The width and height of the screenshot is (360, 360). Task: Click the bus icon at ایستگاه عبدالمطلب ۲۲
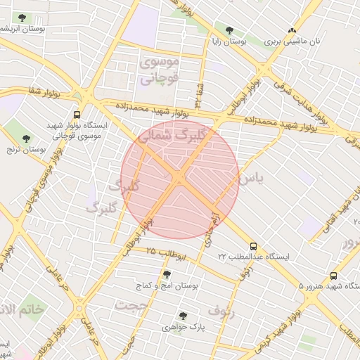click(x=253, y=247)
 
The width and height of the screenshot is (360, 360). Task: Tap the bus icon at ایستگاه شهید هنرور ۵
click(x=333, y=276)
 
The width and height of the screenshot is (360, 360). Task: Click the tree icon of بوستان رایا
click(x=229, y=30)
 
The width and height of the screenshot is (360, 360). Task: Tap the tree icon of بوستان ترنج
click(x=26, y=139)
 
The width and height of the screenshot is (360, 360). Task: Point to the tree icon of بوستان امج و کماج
click(x=167, y=275)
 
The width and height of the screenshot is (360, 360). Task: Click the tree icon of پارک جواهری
click(x=184, y=316)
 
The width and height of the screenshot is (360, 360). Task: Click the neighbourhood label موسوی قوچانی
click(x=161, y=70)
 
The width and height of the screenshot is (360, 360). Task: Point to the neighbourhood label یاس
click(x=251, y=179)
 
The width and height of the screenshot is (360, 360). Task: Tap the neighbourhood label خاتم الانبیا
click(x=21, y=309)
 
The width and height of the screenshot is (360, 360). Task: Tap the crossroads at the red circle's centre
click(x=180, y=179)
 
